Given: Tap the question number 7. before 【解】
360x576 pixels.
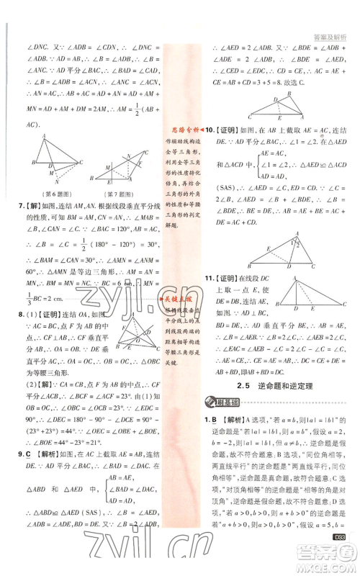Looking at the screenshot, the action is (20, 207).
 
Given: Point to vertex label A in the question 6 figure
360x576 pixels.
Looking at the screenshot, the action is (44, 136).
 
